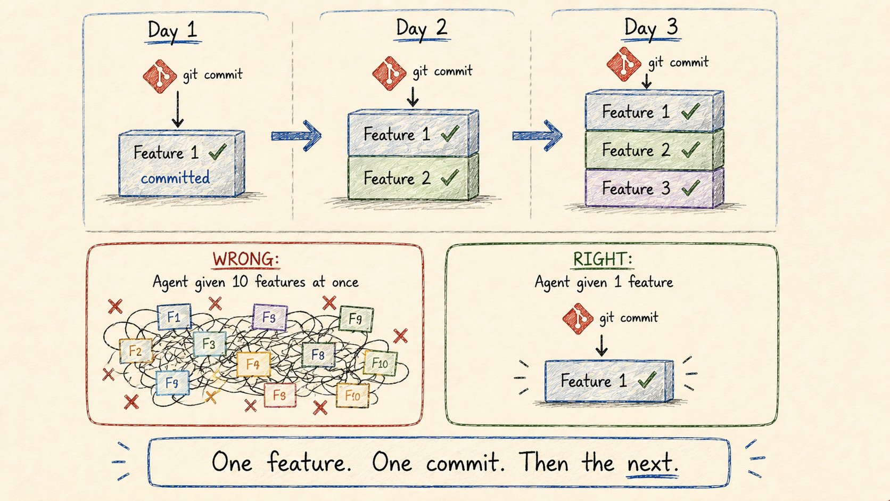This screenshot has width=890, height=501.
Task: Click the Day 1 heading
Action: coord(173,30)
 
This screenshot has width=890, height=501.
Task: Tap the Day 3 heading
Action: coord(651,28)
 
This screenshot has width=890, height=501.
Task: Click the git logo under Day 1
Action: coord(160,76)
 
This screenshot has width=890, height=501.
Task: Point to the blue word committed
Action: coord(175,178)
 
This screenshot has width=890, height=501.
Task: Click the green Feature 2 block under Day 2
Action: coord(413,178)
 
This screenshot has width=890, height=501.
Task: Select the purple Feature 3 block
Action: coord(654,188)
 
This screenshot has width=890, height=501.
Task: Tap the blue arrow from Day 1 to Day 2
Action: coord(296,136)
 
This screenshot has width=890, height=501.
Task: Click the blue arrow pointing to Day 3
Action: coord(537,136)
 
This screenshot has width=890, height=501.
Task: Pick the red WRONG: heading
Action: coord(245,259)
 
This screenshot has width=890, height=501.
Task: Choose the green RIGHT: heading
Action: coord(603,259)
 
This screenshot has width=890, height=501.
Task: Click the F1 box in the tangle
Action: coord(174,317)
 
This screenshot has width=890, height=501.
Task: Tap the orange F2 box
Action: coord(136,351)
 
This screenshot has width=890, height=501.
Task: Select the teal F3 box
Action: coord(209,343)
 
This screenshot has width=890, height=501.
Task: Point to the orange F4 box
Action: coord(253,364)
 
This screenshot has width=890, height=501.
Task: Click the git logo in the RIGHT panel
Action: coord(578,318)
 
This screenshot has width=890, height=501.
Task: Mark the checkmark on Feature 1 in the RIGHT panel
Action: coord(647,380)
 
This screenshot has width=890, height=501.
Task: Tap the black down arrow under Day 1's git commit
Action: coord(178,109)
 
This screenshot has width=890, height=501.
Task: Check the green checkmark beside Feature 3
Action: coord(691,187)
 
